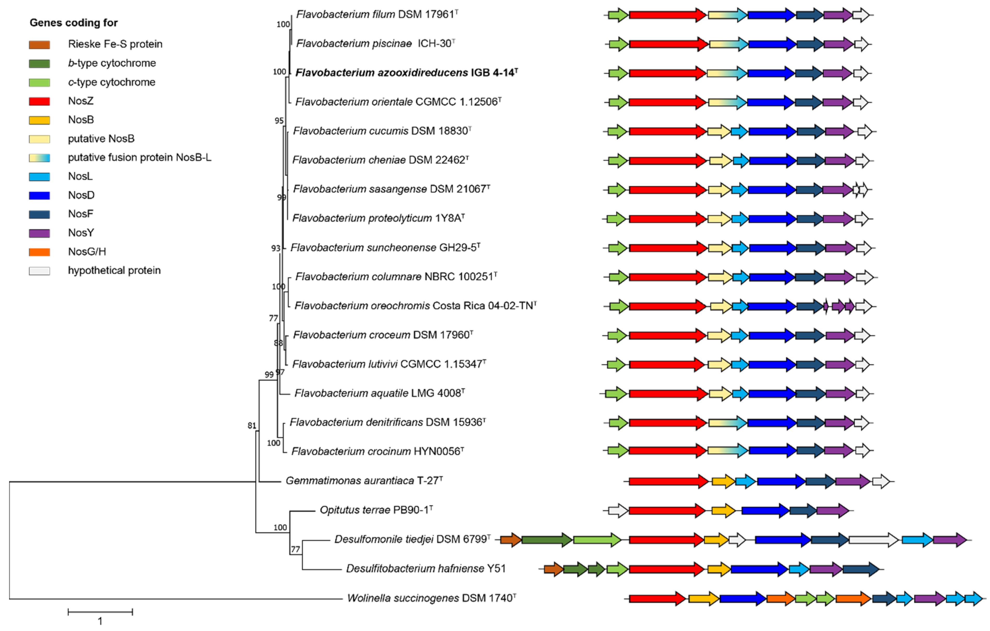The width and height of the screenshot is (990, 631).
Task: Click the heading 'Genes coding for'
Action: pyautogui.click(x=74, y=23)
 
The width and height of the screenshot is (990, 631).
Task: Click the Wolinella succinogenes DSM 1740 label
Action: pyautogui.click(x=431, y=598)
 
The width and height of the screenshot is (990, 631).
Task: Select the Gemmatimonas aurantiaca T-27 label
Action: pyautogui.click(x=364, y=480)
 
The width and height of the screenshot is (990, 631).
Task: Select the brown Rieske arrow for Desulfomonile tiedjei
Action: pyautogui.click(x=511, y=540)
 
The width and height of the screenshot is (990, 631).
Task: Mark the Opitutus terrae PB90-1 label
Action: pyautogui.click(x=376, y=510)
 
